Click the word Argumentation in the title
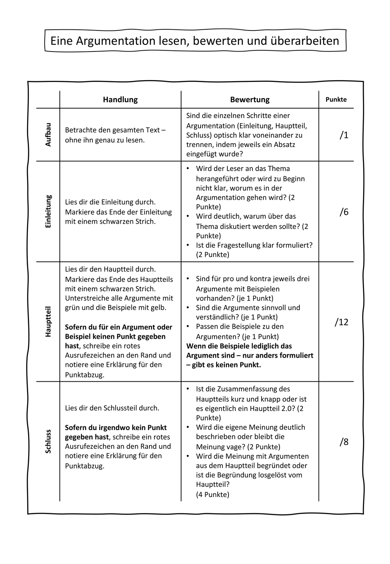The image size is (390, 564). (110, 41)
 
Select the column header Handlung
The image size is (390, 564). (120, 100)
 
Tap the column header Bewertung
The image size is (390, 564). (250, 100)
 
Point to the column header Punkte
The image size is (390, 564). (336, 100)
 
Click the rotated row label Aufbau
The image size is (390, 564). (48, 134)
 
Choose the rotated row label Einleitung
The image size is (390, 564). (48, 211)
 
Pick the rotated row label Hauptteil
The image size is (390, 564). (48, 321)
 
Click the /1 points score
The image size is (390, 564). (344, 135)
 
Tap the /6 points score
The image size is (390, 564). (344, 212)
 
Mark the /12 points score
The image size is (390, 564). (342, 322)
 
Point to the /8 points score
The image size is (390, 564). (344, 442)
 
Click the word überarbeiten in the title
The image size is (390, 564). (305, 41)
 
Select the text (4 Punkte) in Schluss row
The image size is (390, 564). (213, 494)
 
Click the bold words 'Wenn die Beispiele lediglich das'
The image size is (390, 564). (239, 346)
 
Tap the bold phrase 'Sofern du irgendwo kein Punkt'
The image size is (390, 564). (116, 428)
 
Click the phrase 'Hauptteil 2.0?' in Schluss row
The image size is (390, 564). (272, 409)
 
